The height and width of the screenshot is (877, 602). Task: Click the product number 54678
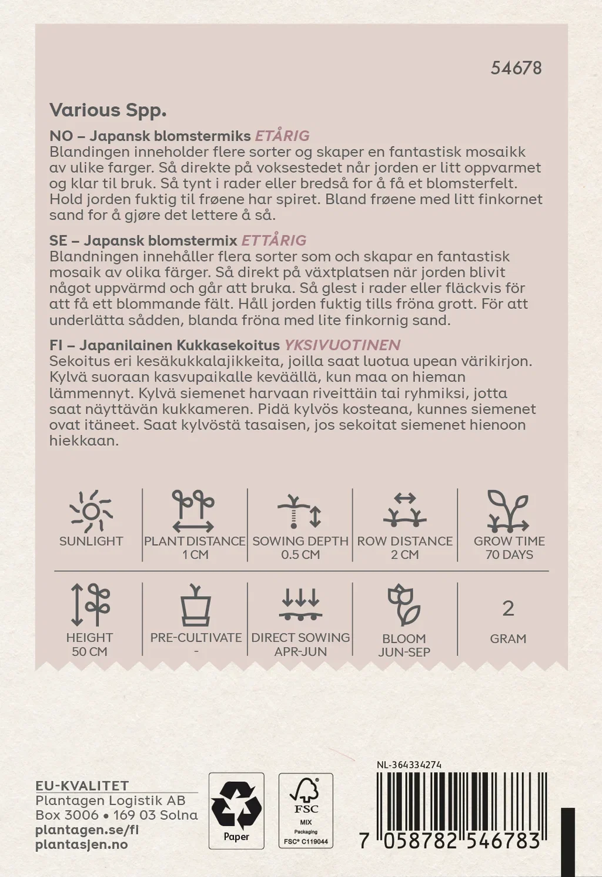(x=516, y=68)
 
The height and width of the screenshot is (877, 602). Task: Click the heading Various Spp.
(x=108, y=110)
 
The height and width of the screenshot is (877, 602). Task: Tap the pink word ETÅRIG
(x=282, y=136)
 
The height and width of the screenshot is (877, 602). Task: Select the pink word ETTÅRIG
(x=274, y=240)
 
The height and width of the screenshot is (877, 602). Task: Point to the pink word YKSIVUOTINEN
(x=342, y=345)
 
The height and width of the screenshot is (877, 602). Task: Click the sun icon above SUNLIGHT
(x=91, y=511)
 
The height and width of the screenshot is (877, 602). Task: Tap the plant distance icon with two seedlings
(x=193, y=511)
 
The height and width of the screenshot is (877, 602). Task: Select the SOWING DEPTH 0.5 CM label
(x=300, y=547)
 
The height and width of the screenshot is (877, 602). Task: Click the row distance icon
(x=404, y=510)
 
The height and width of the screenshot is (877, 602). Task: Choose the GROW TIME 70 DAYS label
(x=509, y=547)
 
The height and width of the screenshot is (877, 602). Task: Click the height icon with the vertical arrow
(x=90, y=604)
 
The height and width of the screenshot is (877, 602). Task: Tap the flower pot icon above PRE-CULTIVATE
(x=196, y=605)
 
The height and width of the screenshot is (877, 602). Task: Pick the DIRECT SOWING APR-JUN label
(x=300, y=644)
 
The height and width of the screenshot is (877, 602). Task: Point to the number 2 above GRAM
(x=508, y=609)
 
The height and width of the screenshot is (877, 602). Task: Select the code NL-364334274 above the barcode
(x=409, y=765)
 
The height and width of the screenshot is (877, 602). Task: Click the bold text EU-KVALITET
(x=82, y=785)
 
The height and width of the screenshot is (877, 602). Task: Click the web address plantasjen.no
(x=81, y=845)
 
